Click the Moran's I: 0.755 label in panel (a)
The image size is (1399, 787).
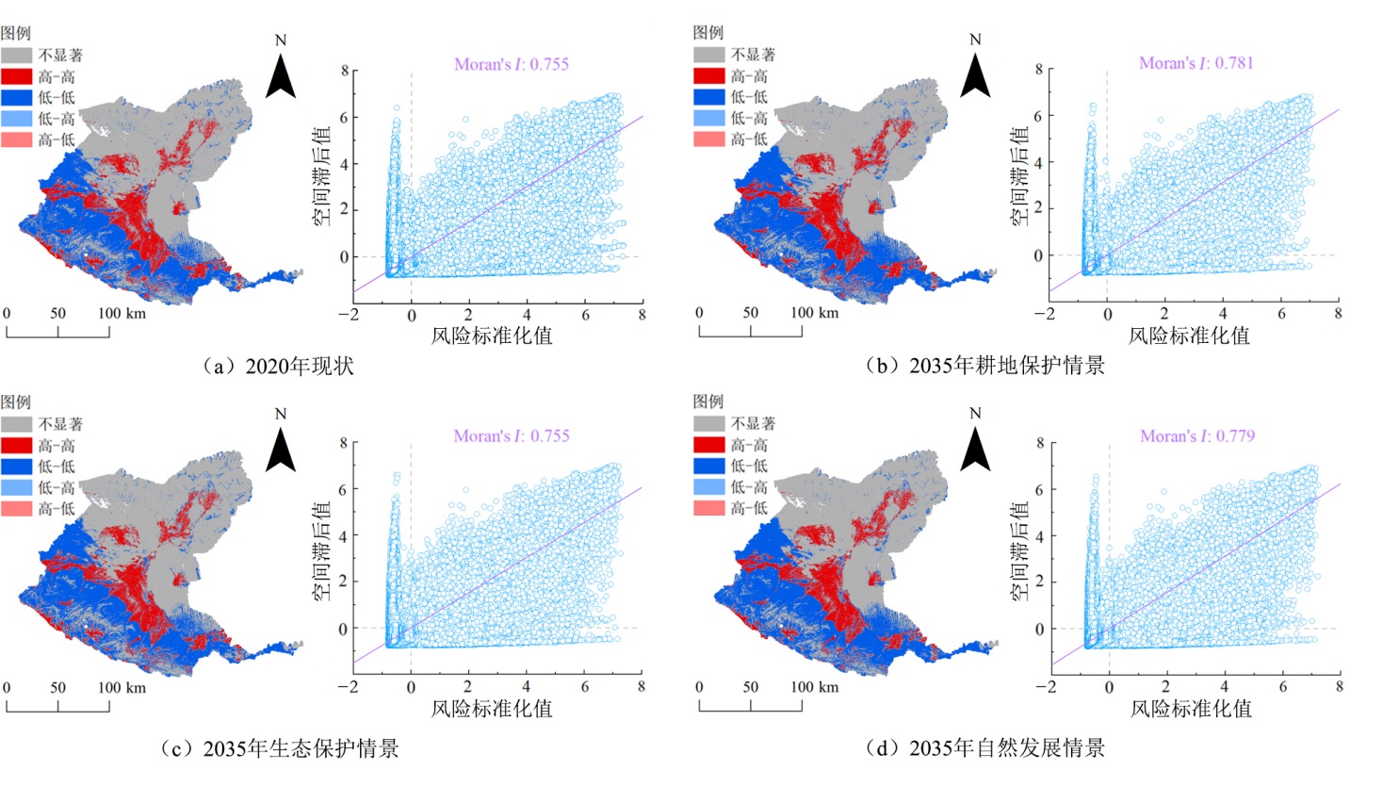point(511,64)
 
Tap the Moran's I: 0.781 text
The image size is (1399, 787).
point(1196,63)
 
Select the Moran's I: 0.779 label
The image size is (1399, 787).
point(1196,436)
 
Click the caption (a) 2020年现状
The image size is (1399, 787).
point(279,366)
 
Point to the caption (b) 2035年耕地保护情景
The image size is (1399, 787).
point(985,366)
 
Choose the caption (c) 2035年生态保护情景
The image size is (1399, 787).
point(279,748)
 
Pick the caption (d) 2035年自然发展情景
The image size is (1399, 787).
point(985,748)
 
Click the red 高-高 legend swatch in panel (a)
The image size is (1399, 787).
point(17,76)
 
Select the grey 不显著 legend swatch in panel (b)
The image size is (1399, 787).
point(709,55)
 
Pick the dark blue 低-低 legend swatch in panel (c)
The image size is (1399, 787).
point(17,467)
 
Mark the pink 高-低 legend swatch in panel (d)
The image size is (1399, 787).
point(709,508)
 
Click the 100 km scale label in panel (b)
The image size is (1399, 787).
point(814,313)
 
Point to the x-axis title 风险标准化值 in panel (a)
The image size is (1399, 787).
point(491,336)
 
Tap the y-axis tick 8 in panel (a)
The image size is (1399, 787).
point(345,71)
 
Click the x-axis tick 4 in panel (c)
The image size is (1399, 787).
point(526,687)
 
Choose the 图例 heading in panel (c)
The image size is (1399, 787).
point(16,402)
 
